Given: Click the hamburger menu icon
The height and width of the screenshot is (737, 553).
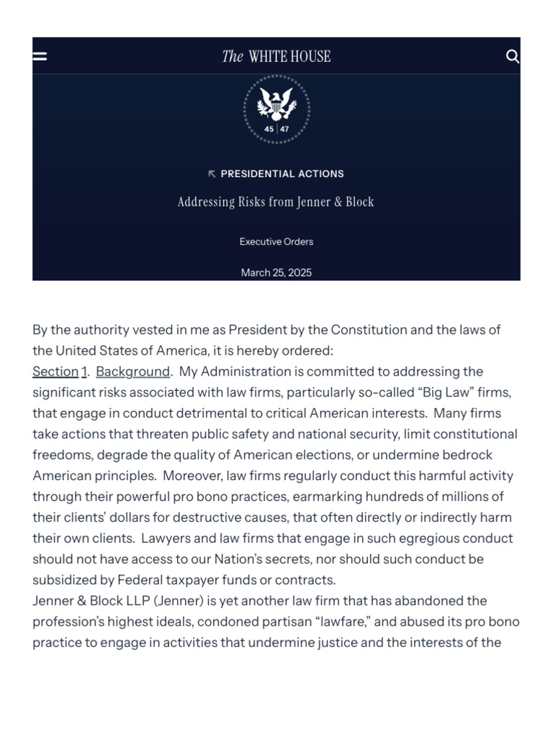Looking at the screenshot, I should click(40, 56).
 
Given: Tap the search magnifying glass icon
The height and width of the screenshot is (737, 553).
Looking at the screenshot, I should click(512, 56).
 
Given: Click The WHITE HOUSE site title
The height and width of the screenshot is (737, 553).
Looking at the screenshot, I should click(276, 56).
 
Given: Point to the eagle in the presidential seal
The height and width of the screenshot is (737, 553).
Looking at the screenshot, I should click(276, 101).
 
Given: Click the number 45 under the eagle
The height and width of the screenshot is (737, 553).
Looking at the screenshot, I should click(269, 130).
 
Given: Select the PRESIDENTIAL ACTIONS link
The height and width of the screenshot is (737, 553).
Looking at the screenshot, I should click(282, 173).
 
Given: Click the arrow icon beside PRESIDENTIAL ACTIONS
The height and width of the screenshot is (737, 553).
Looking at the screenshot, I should click(212, 173).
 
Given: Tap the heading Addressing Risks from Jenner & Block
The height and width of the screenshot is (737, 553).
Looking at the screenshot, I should click(276, 202).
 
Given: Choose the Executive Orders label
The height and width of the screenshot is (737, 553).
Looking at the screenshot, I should click(276, 242).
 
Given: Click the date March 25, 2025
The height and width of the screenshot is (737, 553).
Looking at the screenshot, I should click(276, 273).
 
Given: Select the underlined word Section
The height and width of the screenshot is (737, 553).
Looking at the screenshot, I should click(55, 371).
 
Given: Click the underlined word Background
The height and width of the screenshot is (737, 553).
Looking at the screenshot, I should click(132, 371).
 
